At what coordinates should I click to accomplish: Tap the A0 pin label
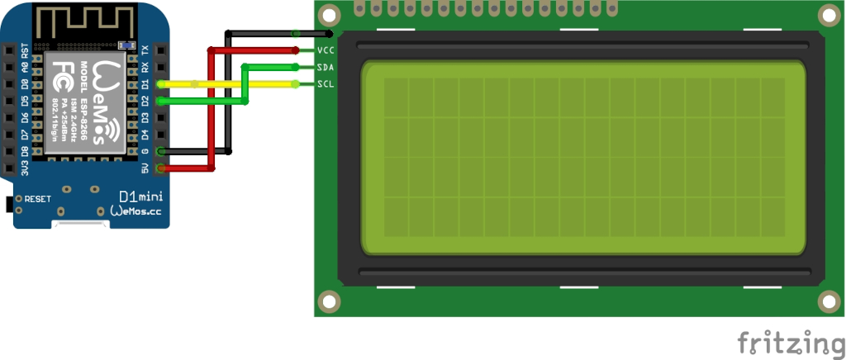coord(25,67)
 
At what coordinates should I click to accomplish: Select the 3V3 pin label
coord(25,168)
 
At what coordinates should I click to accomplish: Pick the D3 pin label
coord(145,117)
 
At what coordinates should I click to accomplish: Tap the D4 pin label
coord(145,135)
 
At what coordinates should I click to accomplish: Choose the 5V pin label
coord(145,168)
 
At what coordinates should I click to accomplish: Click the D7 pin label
coord(25,135)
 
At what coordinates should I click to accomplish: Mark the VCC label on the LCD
coord(325,50)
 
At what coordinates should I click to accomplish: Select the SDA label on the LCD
coord(325,67)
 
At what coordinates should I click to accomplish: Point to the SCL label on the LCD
coord(325,84)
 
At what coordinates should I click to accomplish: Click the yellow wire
coord(231,84)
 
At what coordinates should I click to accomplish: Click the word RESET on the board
coord(38,199)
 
